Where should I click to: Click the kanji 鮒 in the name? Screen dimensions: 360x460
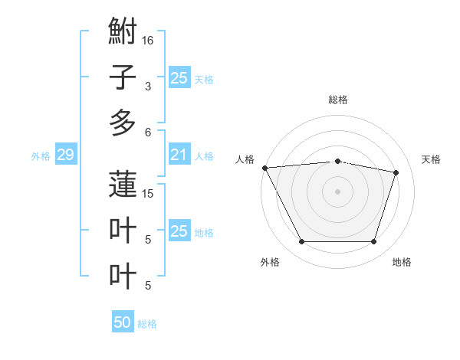[123, 34]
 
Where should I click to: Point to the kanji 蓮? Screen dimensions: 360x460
[123, 185]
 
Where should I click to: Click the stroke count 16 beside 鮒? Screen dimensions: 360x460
[148, 41]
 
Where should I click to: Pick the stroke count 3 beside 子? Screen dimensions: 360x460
[148, 87]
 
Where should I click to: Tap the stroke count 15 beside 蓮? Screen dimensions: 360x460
[148, 194]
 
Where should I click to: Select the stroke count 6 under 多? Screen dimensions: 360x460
[148, 133]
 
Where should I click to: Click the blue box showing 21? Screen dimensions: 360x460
[179, 155]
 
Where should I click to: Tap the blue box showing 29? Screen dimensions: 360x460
[65, 155]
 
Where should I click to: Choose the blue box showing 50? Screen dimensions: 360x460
[123, 322]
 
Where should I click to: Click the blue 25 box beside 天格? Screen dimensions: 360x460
[179, 78]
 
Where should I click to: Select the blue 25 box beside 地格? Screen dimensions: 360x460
[179, 231]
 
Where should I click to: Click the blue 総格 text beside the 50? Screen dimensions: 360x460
[147, 324]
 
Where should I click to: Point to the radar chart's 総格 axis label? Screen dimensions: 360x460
[337, 100]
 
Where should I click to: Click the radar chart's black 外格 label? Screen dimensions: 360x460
[270, 262]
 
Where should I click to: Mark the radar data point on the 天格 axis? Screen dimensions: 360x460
[396, 172]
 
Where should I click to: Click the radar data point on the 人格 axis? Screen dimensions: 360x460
[264, 168]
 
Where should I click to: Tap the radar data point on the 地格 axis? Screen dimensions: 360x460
[373, 242]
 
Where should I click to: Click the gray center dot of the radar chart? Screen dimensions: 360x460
[337, 191]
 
